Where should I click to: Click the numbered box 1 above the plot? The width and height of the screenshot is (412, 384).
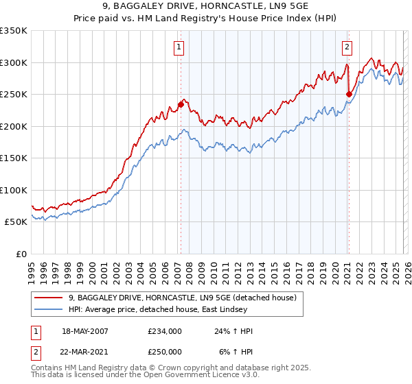[179, 47]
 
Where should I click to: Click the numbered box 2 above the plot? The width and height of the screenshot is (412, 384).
[347, 47]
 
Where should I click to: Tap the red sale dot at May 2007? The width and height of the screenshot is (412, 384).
[181, 104]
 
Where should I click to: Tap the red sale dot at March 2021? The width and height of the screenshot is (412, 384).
[349, 94]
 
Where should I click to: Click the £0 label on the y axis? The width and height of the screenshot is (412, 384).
[21, 254]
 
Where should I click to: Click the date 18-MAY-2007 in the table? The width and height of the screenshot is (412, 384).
[85, 331]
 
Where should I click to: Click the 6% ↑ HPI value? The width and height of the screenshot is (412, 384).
[236, 350]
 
